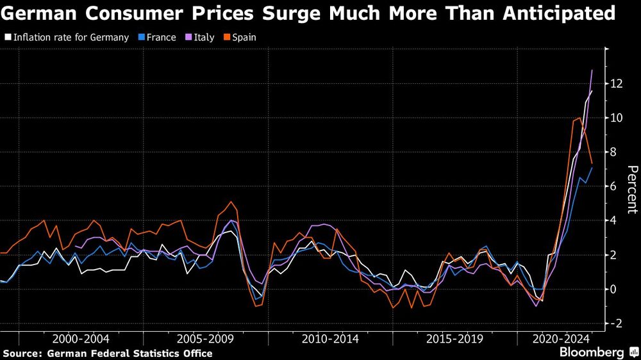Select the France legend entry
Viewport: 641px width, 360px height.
click(x=156, y=37)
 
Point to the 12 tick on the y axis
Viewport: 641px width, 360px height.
click(x=617, y=84)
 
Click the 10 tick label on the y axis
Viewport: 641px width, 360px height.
click(x=617, y=118)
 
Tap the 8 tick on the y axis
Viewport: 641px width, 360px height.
click(x=614, y=152)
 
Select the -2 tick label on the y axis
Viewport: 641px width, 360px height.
click(x=616, y=323)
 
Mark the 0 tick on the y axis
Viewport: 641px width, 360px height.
click(x=614, y=290)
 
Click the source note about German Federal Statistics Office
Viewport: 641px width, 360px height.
click(x=107, y=353)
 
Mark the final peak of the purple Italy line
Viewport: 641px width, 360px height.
click(x=592, y=70)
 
